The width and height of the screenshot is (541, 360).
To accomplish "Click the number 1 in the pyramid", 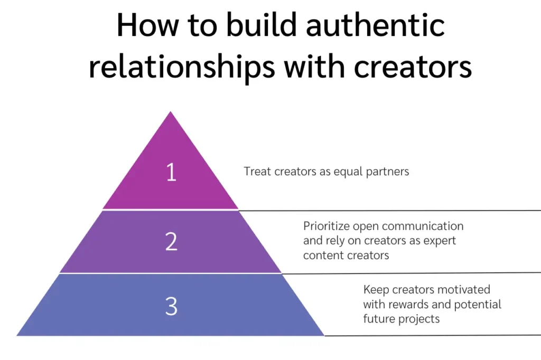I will (171, 173).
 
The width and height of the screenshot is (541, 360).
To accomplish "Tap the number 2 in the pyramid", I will (171, 241).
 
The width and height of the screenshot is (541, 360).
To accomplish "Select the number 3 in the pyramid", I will (171, 306).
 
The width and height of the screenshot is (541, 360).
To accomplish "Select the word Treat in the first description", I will (257, 172).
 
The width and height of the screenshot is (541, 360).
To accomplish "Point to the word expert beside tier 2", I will (440, 241).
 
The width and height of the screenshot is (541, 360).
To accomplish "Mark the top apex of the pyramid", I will (170, 112).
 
